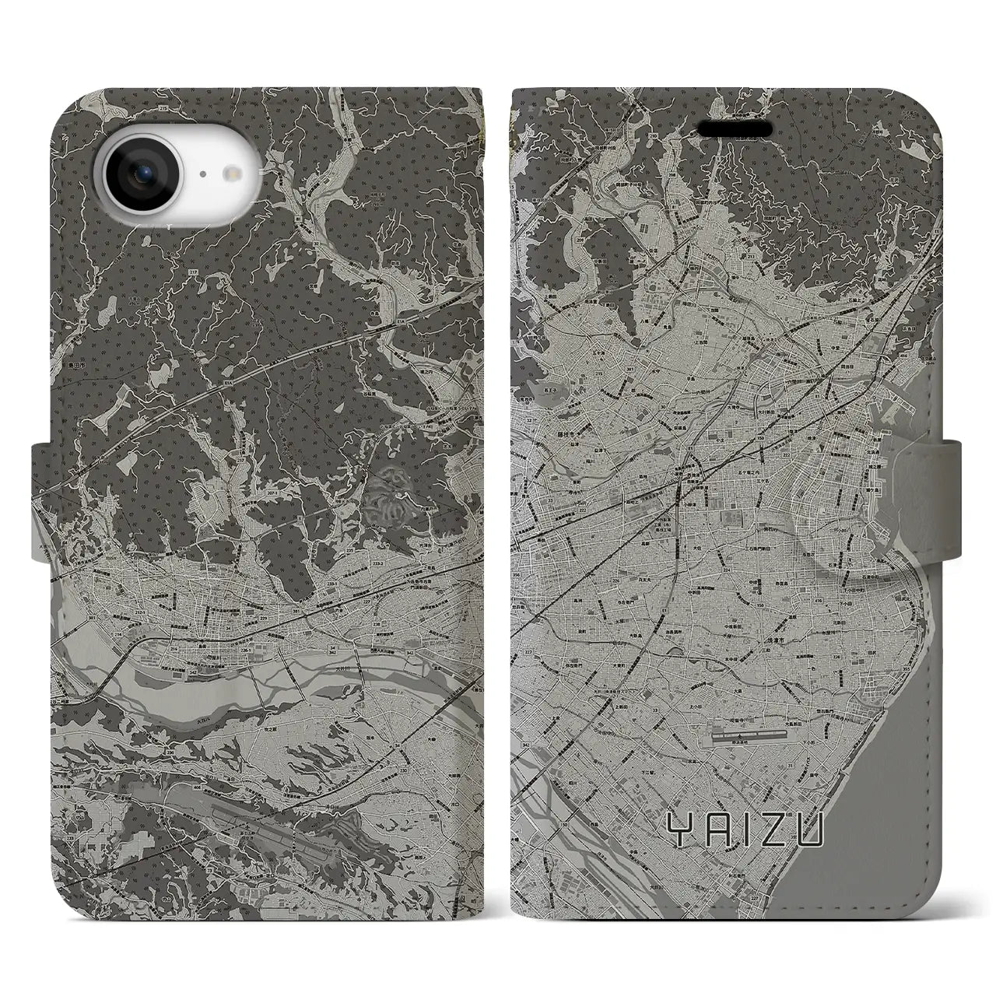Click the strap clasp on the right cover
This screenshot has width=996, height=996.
point(927,462)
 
